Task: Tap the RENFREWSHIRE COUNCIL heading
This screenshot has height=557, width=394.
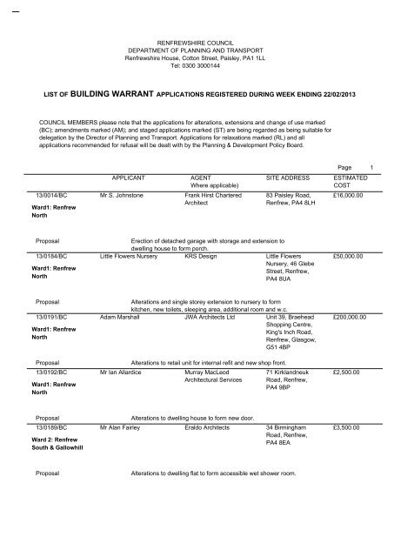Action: click(197, 42)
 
